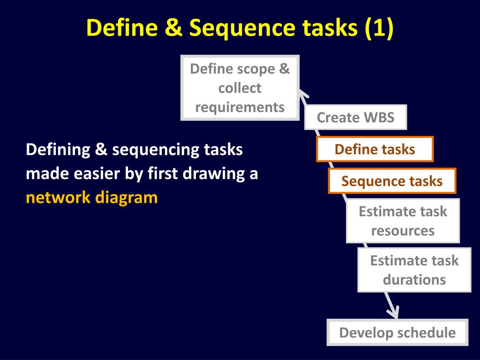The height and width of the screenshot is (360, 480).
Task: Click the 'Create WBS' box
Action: [x=355, y=117]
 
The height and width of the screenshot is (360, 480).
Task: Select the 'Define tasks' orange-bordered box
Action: [x=375, y=149]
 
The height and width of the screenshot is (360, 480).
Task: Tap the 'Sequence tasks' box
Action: [x=392, y=181]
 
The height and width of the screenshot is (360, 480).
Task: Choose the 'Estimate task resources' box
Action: [x=403, y=221]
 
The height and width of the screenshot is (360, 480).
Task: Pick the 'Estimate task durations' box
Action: [x=414, y=270]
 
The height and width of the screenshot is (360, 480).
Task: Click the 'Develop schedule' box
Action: [x=397, y=332]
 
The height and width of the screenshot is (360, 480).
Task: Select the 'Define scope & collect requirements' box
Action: [x=240, y=88]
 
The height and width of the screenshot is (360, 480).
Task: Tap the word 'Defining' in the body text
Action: [x=57, y=150]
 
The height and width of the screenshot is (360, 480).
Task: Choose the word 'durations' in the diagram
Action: [x=414, y=280]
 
